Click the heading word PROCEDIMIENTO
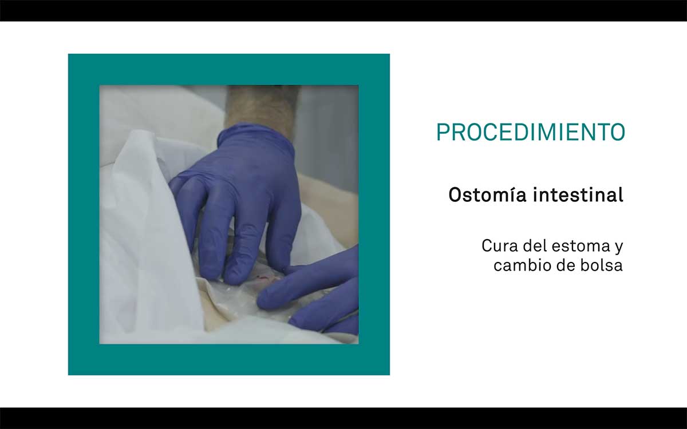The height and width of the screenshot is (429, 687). [x=531, y=132]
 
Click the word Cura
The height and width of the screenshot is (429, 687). [x=500, y=246]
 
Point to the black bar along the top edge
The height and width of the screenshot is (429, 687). [x=343, y=10]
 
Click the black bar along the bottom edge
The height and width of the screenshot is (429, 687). [x=343, y=418]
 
